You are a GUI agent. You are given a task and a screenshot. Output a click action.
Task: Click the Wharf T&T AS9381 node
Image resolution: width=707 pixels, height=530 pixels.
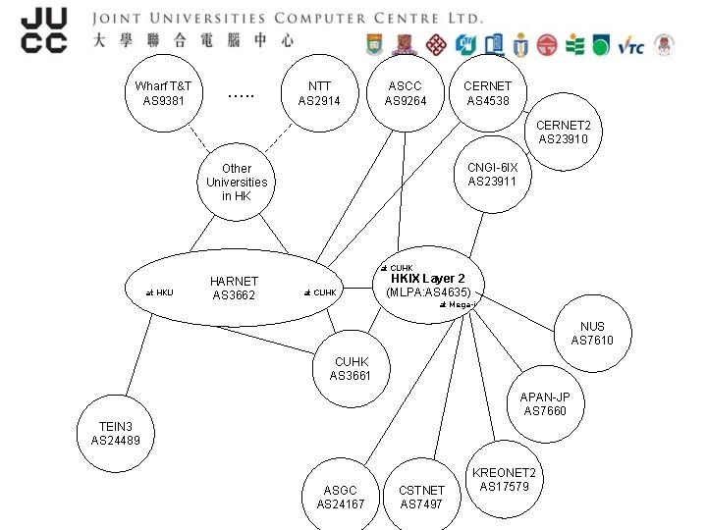(163, 93)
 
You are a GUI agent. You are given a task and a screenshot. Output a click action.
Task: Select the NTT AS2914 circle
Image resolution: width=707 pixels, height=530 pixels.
(319, 93)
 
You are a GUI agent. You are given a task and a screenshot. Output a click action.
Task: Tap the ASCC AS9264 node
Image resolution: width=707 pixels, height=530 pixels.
(406, 93)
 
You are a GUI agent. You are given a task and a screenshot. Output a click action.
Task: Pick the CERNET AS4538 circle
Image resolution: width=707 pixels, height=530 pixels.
(488, 93)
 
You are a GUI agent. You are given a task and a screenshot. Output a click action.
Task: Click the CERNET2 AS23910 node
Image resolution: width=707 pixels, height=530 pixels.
(564, 132)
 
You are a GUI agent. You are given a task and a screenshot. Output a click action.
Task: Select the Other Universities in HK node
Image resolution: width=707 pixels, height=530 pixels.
(237, 183)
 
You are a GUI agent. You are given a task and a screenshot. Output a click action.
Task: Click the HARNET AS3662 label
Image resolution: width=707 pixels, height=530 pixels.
(234, 289)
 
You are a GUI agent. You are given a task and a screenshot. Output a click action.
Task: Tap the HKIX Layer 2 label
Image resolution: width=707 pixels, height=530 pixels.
(428, 279)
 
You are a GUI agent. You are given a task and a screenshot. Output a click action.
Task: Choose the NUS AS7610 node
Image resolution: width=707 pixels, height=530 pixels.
(592, 334)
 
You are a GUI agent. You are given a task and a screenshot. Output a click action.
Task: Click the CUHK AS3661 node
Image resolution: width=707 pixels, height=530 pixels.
(351, 369)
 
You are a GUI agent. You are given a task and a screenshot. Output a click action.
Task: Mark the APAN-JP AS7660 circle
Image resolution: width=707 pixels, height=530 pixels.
(545, 403)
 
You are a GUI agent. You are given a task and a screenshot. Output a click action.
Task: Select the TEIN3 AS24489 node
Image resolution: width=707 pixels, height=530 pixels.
(116, 434)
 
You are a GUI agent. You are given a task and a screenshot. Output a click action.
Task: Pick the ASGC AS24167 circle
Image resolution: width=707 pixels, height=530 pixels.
(340, 497)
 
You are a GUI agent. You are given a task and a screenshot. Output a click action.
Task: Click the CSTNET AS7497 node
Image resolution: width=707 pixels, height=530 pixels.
(421, 497)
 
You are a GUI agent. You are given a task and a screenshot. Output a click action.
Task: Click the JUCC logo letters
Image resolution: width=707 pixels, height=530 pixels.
(44, 29)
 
